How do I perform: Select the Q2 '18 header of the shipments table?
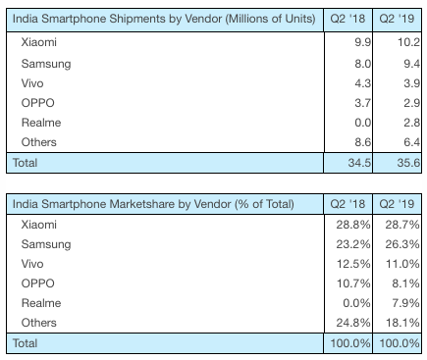coord(350,19)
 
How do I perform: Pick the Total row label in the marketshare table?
coord(27,342)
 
